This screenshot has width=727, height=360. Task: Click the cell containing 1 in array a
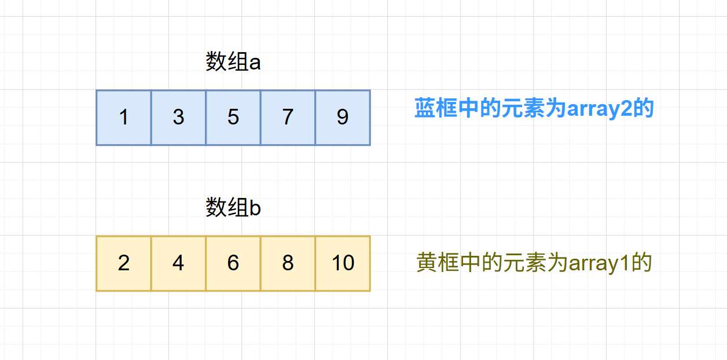pyautogui.click(x=123, y=117)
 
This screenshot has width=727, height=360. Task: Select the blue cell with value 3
pyautogui.click(x=178, y=117)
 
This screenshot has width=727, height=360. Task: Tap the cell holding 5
pyautogui.click(x=233, y=117)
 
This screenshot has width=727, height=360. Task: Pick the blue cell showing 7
pyautogui.click(x=288, y=117)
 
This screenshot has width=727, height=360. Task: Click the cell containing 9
pyautogui.click(x=343, y=117)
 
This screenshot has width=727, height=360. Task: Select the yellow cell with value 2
pyautogui.click(x=123, y=263)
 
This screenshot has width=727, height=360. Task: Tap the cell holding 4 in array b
pyautogui.click(x=178, y=263)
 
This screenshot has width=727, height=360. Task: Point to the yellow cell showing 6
pyautogui.click(x=233, y=263)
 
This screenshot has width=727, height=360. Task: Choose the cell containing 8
pyautogui.click(x=288, y=263)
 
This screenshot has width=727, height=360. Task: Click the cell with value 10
pyautogui.click(x=343, y=263)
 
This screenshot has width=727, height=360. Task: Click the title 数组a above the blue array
pyautogui.click(x=233, y=62)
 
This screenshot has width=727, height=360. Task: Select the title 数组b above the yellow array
pyautogui.click(x=233, y=208)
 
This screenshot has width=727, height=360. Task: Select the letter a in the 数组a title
pyautogui.click(x=255, y=63)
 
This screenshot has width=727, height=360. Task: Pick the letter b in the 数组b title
pyautogui.click(x=255, y=208)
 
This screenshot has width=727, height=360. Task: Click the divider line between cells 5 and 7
pyautogui.click(x=260, y=117)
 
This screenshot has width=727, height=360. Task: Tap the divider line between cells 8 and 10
pyautogui.click(x=315, y=263)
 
